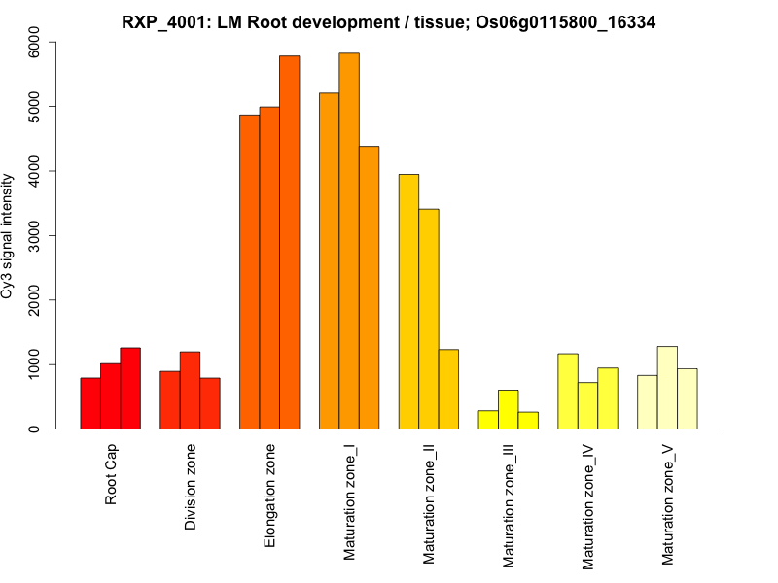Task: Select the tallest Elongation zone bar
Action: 290,243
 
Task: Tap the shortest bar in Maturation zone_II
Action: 448,389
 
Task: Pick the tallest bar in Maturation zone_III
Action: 509,409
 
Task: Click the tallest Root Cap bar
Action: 130,389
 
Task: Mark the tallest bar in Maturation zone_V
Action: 667,388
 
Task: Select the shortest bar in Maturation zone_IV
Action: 587,405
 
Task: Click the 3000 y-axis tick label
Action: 36,235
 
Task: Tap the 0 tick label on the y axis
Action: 36,429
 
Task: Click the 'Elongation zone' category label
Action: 270,495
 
